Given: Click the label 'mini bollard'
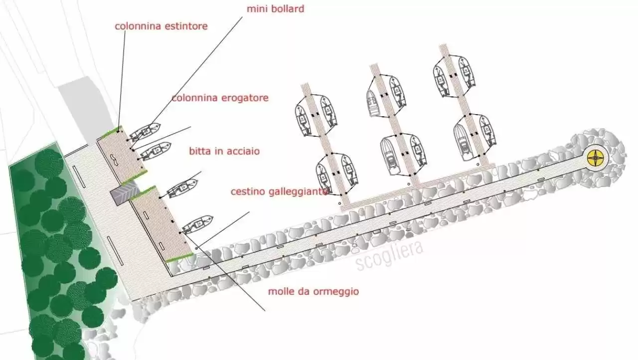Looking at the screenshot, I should (x=275, y=9).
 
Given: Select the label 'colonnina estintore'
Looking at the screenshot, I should (x=161, y=26).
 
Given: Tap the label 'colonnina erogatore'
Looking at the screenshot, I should (x=220, y=98).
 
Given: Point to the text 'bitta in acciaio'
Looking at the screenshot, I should (x=224, y=151).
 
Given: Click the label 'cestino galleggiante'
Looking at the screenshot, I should (x=279, y=192).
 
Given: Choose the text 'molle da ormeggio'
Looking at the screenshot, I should (x=313, y=292).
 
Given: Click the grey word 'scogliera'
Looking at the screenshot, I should (x=390, y=256).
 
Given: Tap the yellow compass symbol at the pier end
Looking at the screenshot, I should (x=596, y=157).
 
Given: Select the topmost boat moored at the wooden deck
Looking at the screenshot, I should (x=146, y=132).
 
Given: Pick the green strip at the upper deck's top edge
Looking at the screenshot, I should (x=111, y=132).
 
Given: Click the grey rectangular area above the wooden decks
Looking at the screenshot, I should (x=85, y=107).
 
